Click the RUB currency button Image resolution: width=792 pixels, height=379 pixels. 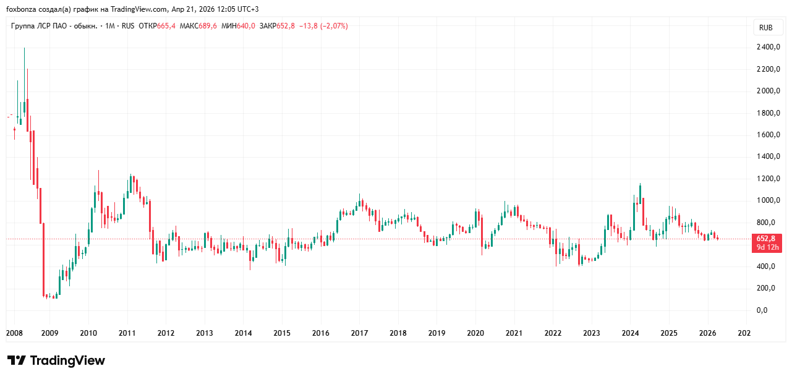coord(765,27)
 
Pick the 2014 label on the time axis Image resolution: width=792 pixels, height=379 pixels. coord(244,333)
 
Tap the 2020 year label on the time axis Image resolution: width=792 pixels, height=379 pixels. coord(475,333)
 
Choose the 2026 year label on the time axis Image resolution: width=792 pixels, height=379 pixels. coord(707,333)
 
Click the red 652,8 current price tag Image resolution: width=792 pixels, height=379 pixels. coord(765,239)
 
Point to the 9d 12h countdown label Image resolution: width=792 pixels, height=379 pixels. coord(765,247)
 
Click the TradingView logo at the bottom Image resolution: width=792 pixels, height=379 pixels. coord(56,360)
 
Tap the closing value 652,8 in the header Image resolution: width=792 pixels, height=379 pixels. coord(285,26)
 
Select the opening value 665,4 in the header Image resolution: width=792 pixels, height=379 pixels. coord(166,26)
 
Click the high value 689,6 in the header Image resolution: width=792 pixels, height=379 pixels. coord(208,26)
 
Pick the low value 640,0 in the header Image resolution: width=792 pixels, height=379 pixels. coord(245,26)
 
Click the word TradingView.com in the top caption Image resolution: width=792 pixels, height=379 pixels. coord(142,9)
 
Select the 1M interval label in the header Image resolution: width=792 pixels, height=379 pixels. coord(111,26)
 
